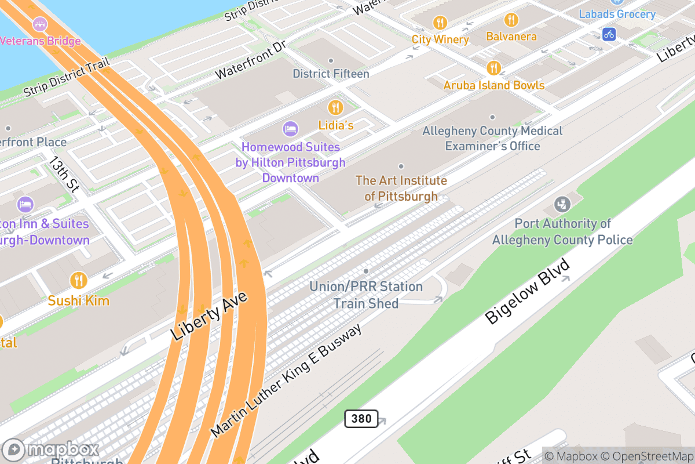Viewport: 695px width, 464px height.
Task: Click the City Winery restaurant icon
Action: click(x=440, y=23)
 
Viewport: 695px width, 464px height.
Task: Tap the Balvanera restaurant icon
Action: click(x=511, y=20)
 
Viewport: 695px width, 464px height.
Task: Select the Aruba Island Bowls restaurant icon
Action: click(x=493, y=68)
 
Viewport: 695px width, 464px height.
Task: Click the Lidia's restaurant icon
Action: click(x=335, y=107)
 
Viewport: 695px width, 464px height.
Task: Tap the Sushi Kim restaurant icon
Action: click(x=78, y=281)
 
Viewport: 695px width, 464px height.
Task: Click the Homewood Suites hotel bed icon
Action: click(x=290, y=128)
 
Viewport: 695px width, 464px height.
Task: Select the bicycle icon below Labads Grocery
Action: click(x=609, y=34)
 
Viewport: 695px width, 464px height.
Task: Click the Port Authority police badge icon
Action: click(x=562, y=204)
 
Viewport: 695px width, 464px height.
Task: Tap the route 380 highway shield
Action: click(x=361, y=419)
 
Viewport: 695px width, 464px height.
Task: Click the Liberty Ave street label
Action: click(x=210, y=316)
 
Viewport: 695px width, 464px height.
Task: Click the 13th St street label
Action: click(x=64, y=173)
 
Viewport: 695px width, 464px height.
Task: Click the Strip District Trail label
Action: click(x=67, y=78)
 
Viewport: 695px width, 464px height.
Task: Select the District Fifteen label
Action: click(x=331, y=74)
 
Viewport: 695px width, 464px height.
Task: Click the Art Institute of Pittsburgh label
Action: click(x=401, y=188)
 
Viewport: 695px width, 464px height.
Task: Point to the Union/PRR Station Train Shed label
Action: click(x=366, y=295)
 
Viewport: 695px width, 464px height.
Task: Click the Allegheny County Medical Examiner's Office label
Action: click(x=492, y=138)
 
